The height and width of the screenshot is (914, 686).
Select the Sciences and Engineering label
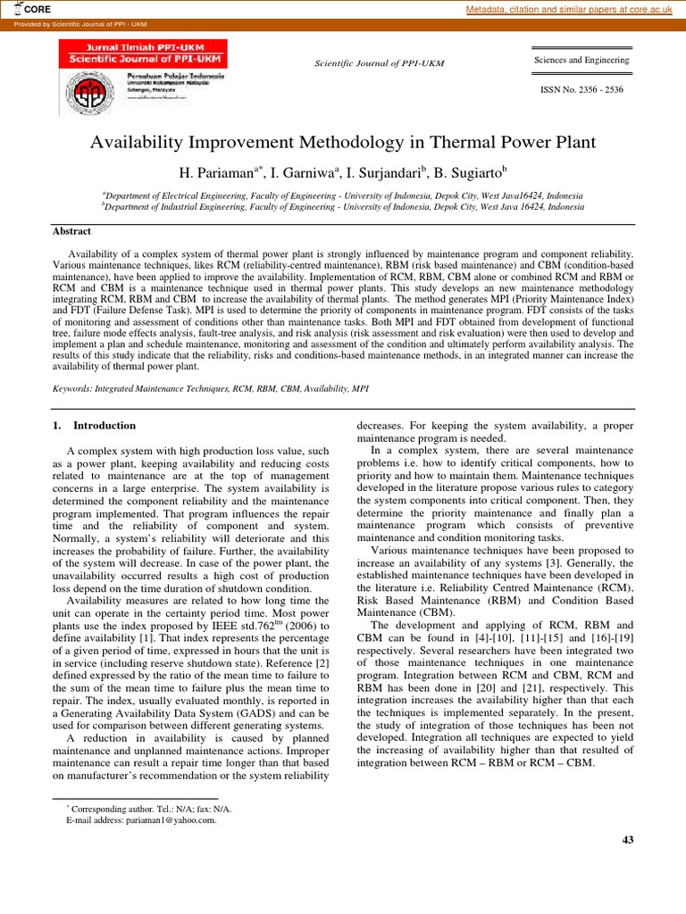click(x=581, y=60)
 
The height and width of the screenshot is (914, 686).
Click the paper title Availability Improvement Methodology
click(x=343, y=142)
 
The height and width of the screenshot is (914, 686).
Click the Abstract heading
click(x=72, y=231)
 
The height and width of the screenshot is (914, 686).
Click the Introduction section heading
click(x=104, y=426)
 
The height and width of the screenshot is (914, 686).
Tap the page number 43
click(x=626, y=839)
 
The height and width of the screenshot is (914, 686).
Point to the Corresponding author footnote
click(x=147, y=809)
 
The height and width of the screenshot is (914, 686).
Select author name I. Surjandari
click(x=387, y=170)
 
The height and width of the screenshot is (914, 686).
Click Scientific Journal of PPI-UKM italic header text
click(x=379, y=63)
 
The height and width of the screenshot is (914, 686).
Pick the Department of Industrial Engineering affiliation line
click(x=343, y=205)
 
